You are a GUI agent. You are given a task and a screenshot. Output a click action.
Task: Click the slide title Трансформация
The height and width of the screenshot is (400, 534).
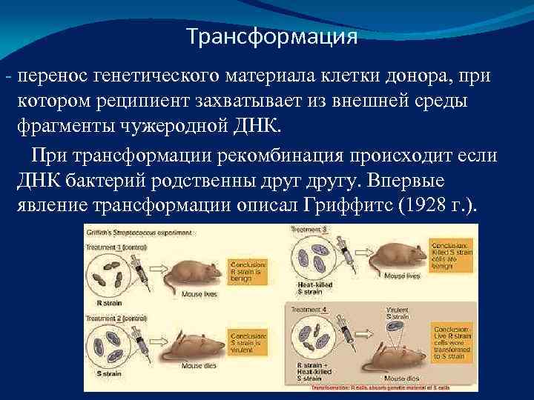coord(271,36)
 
